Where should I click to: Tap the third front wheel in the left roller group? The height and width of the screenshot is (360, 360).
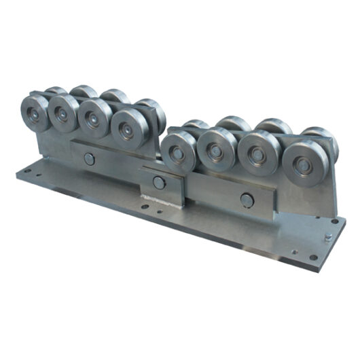click(94, 120)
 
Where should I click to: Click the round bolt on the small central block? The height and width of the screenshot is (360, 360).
click(158, 182)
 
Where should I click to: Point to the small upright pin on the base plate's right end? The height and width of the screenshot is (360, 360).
click(325, 238)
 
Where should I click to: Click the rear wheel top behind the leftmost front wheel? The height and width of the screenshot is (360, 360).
click(56, 91)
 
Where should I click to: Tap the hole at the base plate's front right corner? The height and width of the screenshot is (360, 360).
click(313, 258)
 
